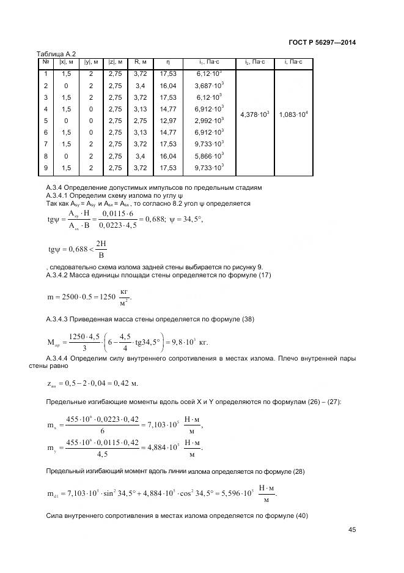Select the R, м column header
click(x=140, y=62)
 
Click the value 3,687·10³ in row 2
click(x=210, y=86)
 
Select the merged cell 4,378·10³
click(x=254, y=114)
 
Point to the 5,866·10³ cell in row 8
click(x=210, y=155)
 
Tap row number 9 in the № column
click(x=46, y=167)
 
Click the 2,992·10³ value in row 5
click(x=210, y=121)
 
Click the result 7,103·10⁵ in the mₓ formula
click(x=163, y=425)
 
